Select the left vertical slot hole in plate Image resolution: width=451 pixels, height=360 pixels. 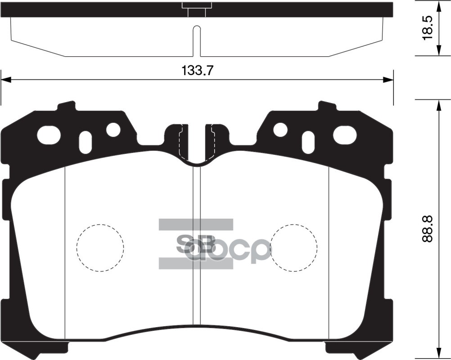85,142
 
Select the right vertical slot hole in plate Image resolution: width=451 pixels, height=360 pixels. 309,142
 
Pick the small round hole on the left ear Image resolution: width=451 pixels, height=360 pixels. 113,130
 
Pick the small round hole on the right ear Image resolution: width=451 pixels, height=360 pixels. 280,130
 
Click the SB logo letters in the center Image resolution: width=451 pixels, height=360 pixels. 196,244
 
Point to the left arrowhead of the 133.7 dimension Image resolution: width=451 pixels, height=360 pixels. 5,80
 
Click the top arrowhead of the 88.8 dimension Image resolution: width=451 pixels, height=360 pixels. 439,104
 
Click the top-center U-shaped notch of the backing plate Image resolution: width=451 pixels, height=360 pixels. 197,148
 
